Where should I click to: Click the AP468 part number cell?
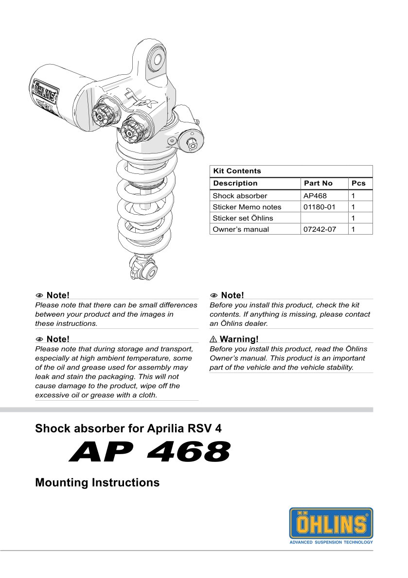click(315, 196)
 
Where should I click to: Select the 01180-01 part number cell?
click(319, 207)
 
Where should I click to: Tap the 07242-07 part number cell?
click(319, 229)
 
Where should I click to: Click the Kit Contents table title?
click(237, 171)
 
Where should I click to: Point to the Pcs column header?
click(358, 183)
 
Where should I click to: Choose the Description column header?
click(235, 183)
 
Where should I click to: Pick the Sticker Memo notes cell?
click(247, 207)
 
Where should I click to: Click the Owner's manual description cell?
click(241, 229)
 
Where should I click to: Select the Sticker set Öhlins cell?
click(243, 218)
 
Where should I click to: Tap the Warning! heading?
click(239, 339)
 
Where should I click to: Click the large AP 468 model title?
click(150, 453)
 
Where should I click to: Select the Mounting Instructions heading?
click(97, 483)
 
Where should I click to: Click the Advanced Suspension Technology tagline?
click(331, 542)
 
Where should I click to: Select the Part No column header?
click(318, 183)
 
